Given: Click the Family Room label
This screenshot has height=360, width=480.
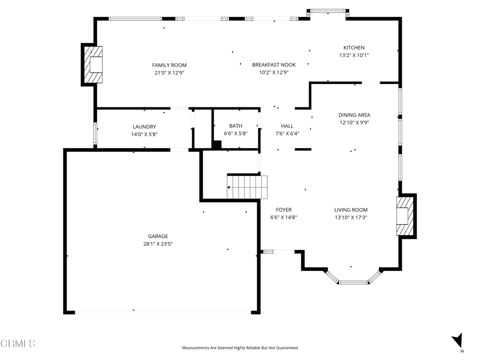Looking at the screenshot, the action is tap(169, 65).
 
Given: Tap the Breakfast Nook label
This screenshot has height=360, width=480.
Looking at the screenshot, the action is tap(274, 65).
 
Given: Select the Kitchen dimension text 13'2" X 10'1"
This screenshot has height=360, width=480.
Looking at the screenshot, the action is tap(354, 55).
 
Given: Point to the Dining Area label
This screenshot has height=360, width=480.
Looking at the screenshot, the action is tap(354, 115).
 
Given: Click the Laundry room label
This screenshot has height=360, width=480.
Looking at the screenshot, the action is tap(144, 127).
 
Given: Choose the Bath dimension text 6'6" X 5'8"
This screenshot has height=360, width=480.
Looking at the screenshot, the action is tap(236, 134).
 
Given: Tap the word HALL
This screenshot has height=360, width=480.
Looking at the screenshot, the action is tap(287, 126).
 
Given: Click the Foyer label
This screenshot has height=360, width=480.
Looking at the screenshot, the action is tap(284, 210).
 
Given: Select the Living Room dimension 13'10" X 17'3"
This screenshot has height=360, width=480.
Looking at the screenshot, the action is tap(351, 217).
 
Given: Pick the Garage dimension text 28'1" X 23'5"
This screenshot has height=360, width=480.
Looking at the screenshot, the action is tap(158, 244).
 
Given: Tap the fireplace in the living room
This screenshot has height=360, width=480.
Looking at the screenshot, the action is tap(406, 216).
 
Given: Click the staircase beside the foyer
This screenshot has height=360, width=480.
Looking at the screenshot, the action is tap(247, 187).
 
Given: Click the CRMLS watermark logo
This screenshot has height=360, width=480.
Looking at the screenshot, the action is tap(18, 343).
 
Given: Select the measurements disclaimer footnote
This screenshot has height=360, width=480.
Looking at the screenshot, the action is tap(240, 348).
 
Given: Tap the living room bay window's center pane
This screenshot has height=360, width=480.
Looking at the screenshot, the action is tap(353, 282).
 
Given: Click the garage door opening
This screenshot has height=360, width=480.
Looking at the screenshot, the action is tap(163, 312).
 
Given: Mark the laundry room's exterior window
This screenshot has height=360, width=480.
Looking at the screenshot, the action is tap(95, 133).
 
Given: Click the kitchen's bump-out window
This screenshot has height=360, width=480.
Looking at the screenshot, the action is tap(328, 11).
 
